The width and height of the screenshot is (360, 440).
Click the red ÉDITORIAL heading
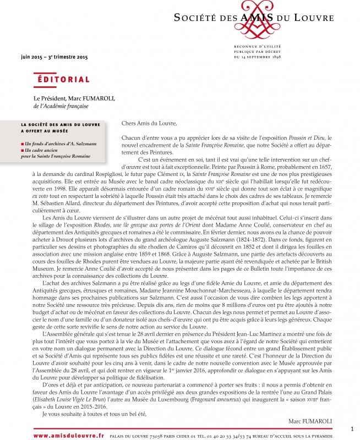point(63,80)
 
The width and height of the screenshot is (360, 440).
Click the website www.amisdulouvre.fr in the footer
point(69,435)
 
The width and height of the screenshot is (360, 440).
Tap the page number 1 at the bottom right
point(352,428)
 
